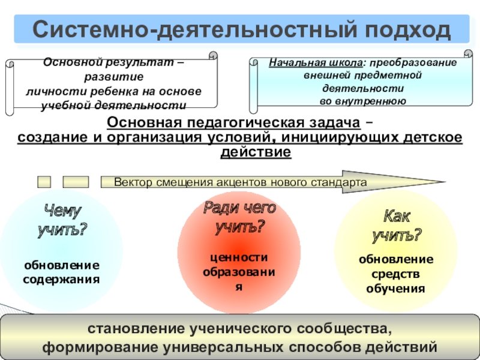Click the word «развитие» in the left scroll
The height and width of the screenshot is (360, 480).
(x=114, y=77)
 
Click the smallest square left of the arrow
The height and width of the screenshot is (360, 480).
(x=44, y=182)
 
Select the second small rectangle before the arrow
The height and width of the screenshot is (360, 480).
(x=76, y=182)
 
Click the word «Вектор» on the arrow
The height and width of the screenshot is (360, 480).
(x=133, y=182)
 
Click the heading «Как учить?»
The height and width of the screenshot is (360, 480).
(x=396, y=226)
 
